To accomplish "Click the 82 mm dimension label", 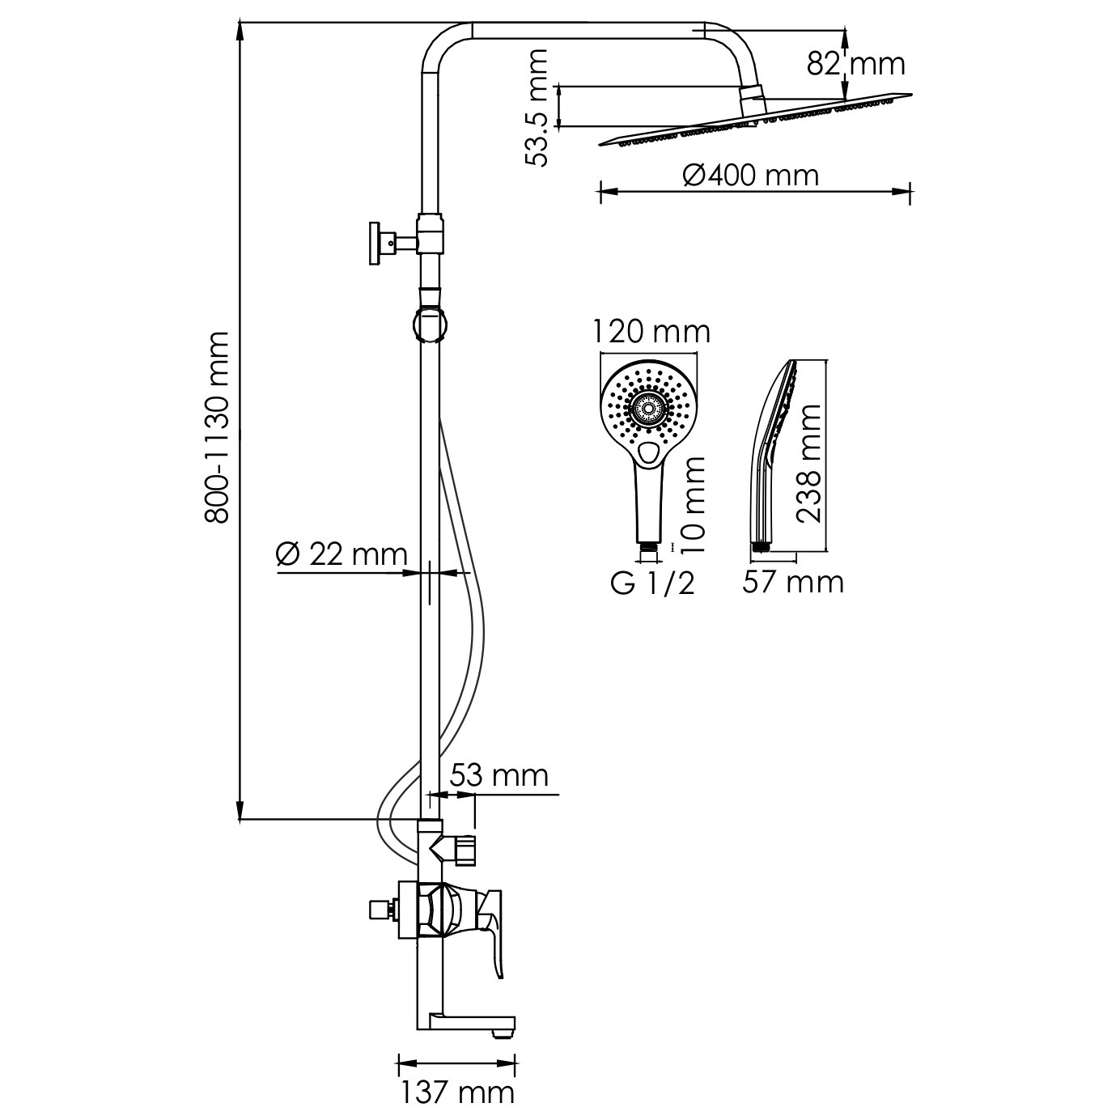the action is coord(855,64).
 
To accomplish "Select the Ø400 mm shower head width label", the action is coord(750,175).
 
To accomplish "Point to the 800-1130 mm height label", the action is coord(219,428).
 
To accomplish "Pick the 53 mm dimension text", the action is coord(499,775).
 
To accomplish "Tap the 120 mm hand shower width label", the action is coord(651,333).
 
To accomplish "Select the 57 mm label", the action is coord(793,582).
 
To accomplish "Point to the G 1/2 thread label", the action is coord(652,583).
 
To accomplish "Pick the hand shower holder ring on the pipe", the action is coord(430,323).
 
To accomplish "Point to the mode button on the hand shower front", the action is coord(647,452).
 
